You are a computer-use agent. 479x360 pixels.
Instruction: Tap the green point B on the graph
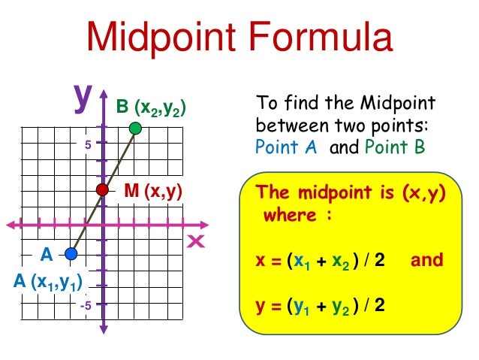click(x=134, y=129)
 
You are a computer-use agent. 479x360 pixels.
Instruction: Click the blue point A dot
click(x=71, y=254)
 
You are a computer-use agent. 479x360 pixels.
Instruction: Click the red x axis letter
click(x=197, y=241)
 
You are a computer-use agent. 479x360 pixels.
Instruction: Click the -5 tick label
click(x=86, y=306)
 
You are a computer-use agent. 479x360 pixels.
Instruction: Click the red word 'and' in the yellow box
click(x=427, y=260)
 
